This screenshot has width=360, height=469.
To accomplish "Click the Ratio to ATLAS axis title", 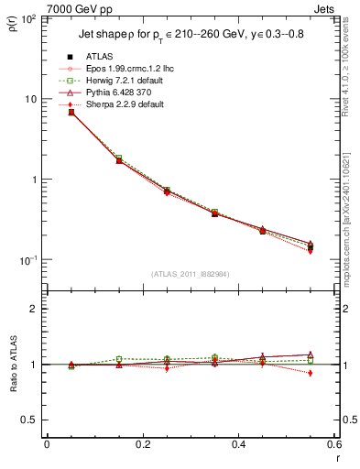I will [x=13, y=365].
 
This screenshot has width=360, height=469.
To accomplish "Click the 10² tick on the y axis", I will [x=27, y=19].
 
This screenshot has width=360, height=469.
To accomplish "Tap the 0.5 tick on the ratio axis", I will [x=29, y=420].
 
